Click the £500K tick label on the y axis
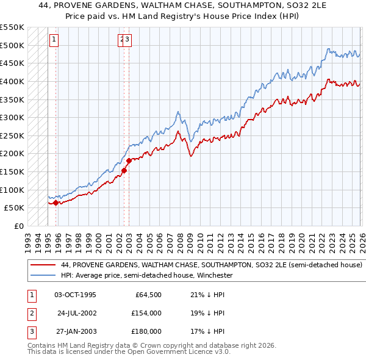pyautogui.click(x=12, y=45)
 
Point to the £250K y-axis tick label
pyautogui.click(x=12, y=135)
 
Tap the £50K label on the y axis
pyautogui.click(x=14, y=208)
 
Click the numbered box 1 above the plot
pyautogui.click(x=54, y=40)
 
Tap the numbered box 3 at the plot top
pyautogui.click(x=129, y=40)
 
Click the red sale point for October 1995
pyautogui.click(x=56, y=203)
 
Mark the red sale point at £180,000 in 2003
pyautogui.click(x=129, y=161)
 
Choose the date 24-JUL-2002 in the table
pyautogui.click(x=77, y=313)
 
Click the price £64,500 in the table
pyautogui.click(x=148, y=295)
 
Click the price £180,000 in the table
pyautogui.click(x=146, y=331)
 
